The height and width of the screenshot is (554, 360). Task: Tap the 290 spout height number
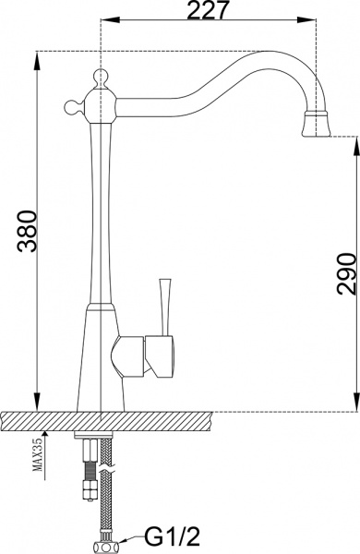[344, 272]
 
